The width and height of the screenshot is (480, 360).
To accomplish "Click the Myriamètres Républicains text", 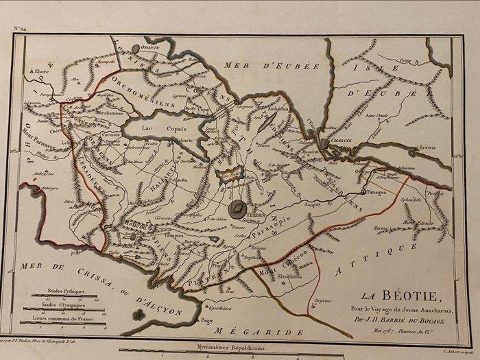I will click(238, 349).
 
